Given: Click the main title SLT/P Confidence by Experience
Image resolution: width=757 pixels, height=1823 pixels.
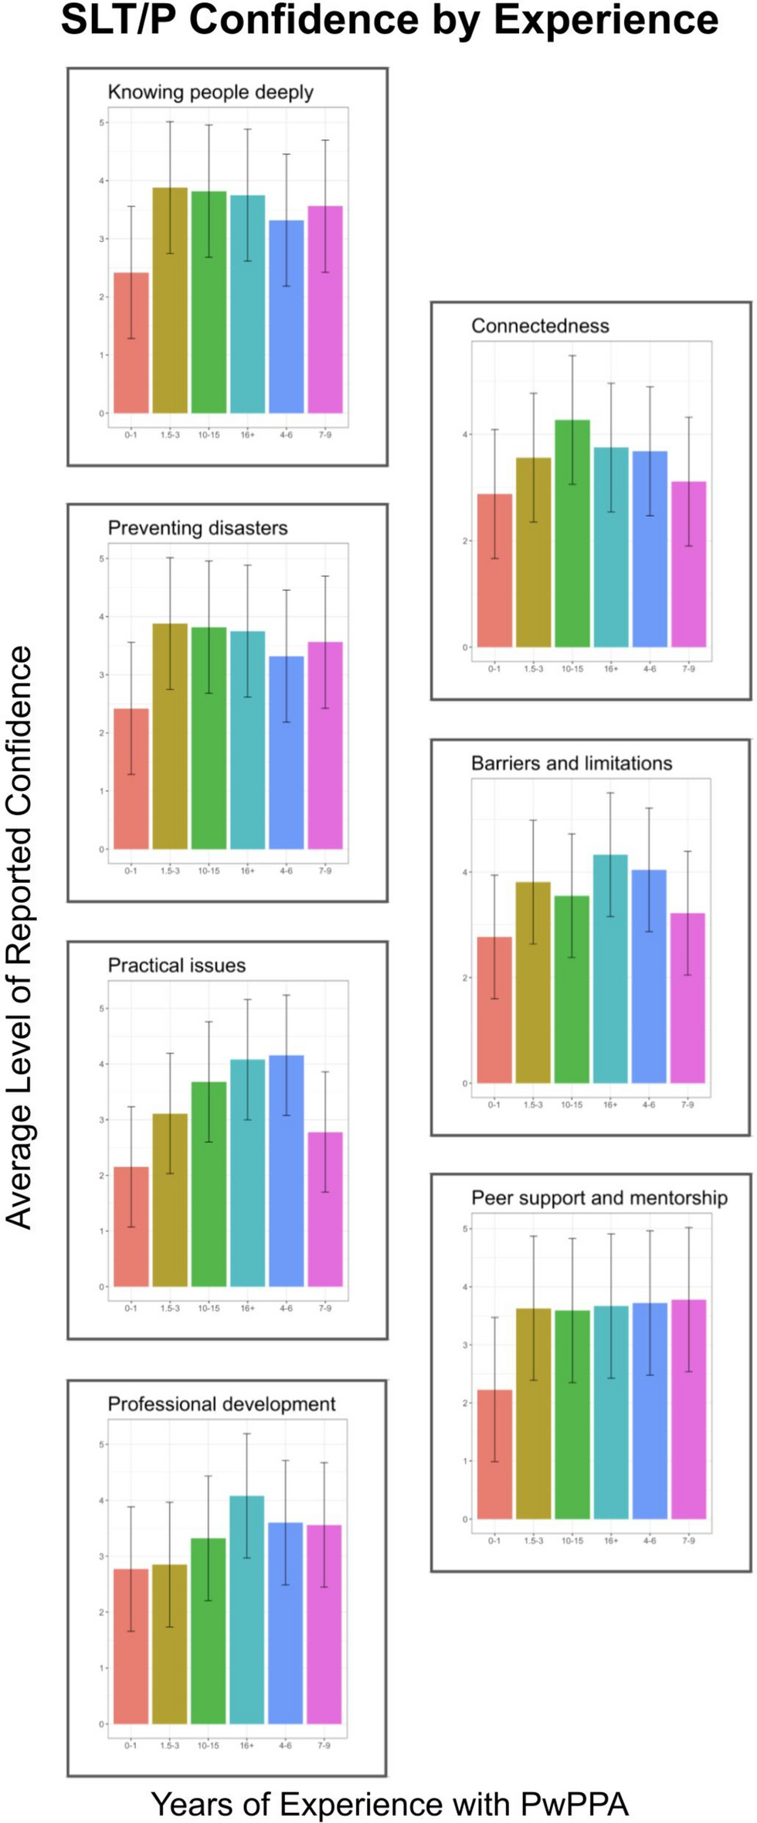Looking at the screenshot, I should [x=389, y=21].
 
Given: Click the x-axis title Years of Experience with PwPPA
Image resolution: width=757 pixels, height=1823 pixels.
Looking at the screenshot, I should [x=389, y=1804].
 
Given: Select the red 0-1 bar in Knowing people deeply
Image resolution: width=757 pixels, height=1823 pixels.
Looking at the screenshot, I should [x=131, y=344].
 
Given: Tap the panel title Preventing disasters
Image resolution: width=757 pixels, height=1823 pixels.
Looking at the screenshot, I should [x=198, y=528].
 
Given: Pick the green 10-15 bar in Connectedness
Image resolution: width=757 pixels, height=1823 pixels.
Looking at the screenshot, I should [x=572, y=533].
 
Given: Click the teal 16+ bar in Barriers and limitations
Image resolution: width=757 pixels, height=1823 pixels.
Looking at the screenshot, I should [x=610, y=969].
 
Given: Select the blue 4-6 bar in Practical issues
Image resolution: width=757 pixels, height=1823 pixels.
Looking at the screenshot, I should [x=286, y=1170].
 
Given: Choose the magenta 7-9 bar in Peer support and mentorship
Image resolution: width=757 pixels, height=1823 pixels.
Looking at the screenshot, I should [x=688, y=1410].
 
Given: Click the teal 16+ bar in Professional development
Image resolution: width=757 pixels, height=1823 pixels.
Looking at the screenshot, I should [x=247, y=1611].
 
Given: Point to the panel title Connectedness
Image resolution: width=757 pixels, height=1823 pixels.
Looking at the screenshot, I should [x=540, y=326].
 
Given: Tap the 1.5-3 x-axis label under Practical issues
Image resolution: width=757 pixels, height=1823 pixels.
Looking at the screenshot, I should [x=170, y=1309].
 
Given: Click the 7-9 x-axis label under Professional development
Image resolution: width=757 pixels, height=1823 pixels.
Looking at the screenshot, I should [x=324, y=1746].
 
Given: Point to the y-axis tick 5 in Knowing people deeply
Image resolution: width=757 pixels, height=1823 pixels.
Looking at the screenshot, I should [x=102, y=123].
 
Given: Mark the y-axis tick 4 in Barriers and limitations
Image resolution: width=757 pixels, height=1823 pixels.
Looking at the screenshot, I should [x=466, y=873].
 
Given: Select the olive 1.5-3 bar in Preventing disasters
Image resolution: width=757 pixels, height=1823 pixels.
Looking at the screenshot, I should [x=170, y=738].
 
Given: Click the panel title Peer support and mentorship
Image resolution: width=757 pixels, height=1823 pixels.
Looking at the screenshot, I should [x=599, y=1198].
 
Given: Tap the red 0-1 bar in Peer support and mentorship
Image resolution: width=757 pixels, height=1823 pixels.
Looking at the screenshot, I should [x=494, y=1456].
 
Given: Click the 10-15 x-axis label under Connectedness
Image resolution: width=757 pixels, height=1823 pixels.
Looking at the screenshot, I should [x=572, y=669].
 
